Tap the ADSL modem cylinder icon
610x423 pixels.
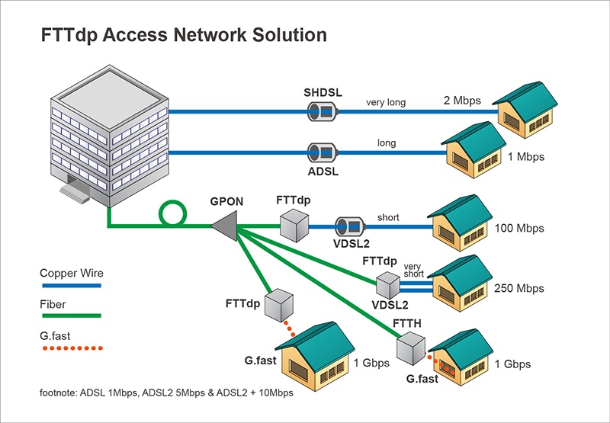click(319, 152)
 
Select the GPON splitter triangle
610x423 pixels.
click(224, 226)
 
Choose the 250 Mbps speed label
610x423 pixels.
click(519, 288)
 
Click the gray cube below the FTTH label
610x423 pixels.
click(414, 349)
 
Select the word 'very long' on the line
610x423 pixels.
click(385, 102)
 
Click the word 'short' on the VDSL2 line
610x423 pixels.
click(388, 217)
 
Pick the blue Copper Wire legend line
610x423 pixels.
click(70, 285)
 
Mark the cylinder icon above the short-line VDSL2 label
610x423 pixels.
click(350, 226)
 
